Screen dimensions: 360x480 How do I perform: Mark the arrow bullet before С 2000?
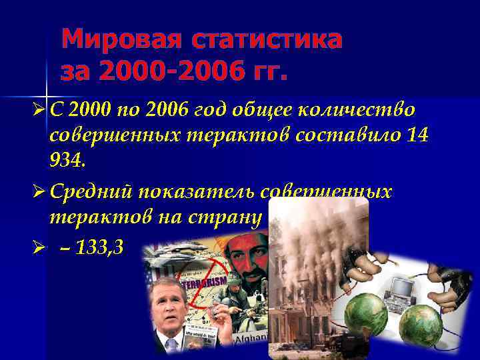38,109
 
